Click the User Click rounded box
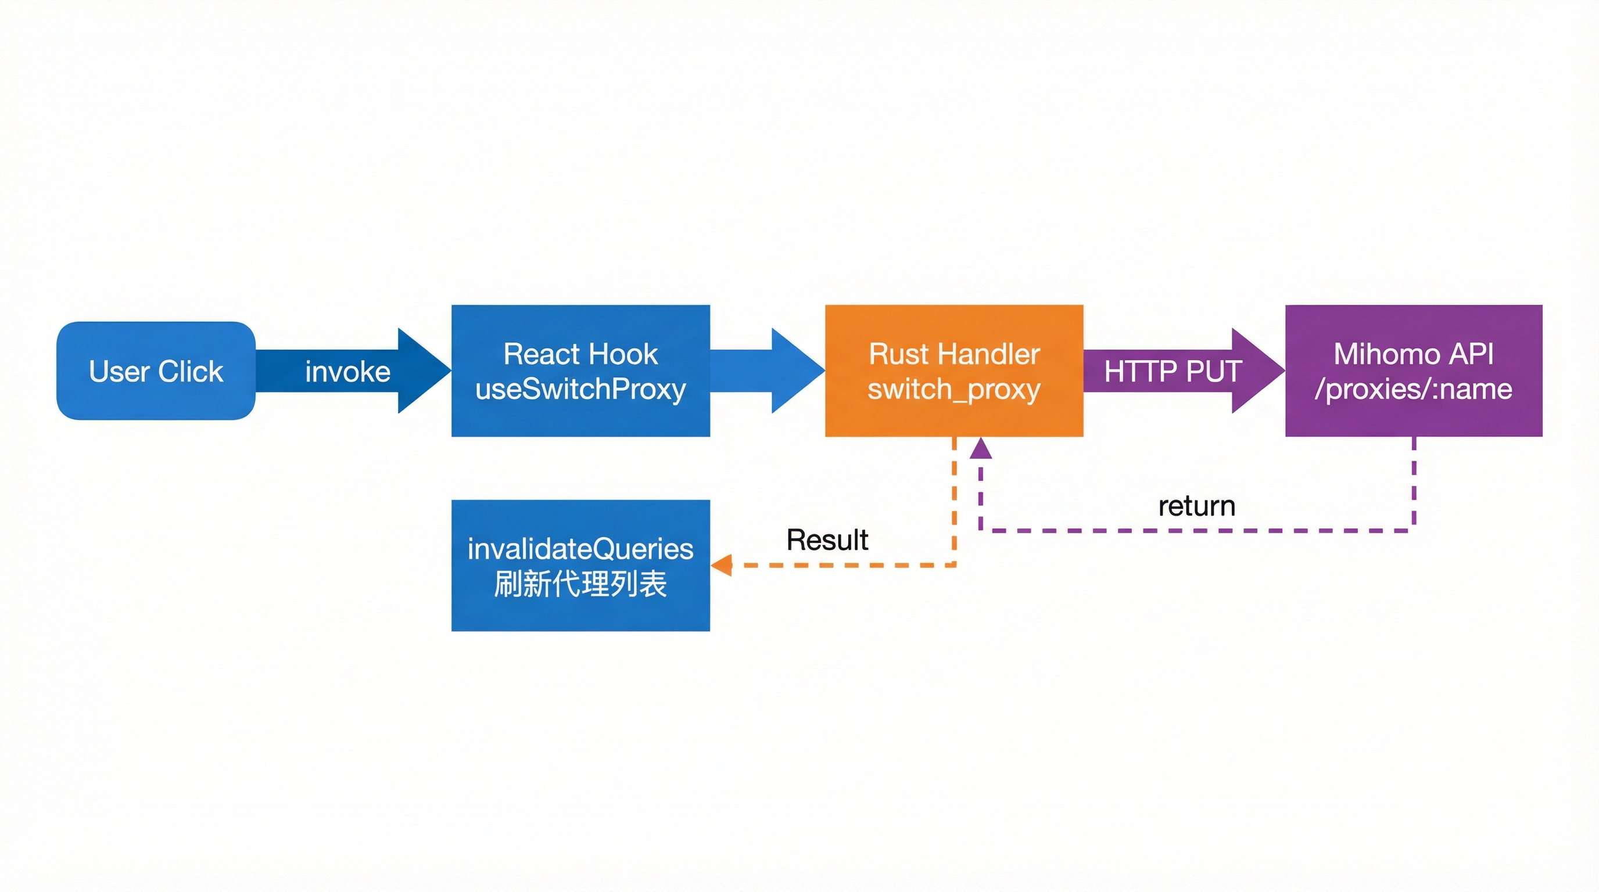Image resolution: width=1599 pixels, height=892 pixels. coord(156,371)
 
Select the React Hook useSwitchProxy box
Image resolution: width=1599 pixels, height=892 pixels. coord(580,371)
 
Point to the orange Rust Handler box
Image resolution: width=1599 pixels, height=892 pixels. coord(954,371)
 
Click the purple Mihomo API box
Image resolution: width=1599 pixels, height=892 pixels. coord(1414,371)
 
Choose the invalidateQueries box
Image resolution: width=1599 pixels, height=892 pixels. coord(580,566)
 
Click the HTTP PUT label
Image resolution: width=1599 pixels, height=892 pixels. coord(1172,372)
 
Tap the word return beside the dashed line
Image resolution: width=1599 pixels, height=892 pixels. coord(1197,506)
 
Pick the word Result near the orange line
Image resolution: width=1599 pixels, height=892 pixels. coord(827,539)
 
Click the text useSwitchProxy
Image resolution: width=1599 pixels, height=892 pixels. coord(580,390)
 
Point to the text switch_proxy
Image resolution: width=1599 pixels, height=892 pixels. coord(954,390)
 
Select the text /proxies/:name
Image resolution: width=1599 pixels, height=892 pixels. coord(1414,390)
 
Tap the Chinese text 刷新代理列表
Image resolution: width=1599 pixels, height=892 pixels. coord(580,584)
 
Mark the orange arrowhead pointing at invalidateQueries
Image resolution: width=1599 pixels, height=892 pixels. coord(721,565)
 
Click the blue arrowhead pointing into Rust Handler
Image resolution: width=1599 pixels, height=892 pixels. coord(796,371)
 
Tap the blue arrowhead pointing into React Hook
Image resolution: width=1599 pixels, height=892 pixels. coord(422,371)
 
